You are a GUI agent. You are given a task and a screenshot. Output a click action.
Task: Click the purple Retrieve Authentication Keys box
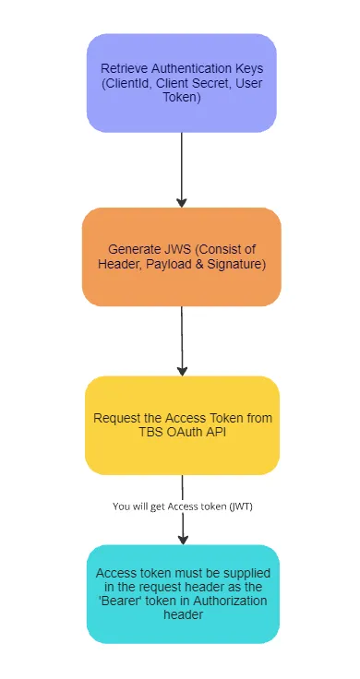click(x=181, y=82)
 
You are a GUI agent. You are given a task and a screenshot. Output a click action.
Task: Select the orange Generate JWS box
click(x=181, y=256)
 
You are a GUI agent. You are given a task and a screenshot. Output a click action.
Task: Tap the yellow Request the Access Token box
click(x=181, y=425)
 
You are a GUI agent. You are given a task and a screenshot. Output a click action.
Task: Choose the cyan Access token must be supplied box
click(x=182, y=593)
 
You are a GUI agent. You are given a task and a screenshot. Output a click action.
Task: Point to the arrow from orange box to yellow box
click(x=182, y=340)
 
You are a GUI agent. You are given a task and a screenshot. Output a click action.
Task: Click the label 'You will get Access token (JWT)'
click(x=183, y=506)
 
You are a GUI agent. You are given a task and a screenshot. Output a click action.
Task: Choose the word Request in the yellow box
click(x=116, y=418)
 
